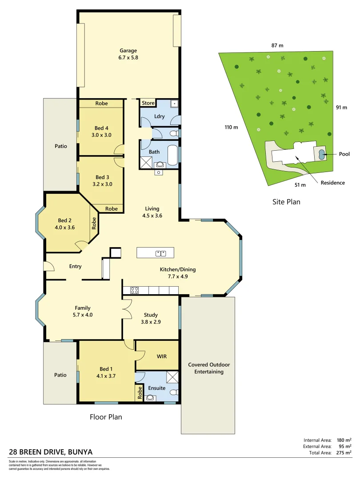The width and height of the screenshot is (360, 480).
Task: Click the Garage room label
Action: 128,51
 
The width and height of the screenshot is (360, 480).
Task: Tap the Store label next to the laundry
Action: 148,103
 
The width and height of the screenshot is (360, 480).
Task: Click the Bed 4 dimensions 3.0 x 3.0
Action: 102,135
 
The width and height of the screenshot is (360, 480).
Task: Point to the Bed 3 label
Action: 102,177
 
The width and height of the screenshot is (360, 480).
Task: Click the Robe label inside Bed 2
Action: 94,223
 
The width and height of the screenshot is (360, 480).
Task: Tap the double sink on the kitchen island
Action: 161,253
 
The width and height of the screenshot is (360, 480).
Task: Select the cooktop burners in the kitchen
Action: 134,290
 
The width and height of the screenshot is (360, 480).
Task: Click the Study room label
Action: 151,315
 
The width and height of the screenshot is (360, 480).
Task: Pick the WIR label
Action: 162,356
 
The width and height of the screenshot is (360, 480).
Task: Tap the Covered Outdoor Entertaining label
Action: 209,368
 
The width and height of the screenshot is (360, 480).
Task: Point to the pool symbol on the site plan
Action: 320,154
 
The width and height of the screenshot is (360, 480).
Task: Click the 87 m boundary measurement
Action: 277,45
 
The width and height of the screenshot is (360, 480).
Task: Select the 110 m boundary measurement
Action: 232,128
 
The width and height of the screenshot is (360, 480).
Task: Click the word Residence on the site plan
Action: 332,183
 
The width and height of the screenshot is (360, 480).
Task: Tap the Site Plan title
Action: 286,202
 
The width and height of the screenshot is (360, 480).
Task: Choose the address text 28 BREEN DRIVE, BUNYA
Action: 51,452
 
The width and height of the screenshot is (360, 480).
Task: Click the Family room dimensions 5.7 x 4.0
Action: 83,315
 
